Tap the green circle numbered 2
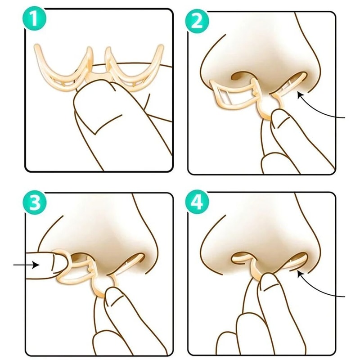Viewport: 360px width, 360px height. pyautogui.click(x=197, y=21)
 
